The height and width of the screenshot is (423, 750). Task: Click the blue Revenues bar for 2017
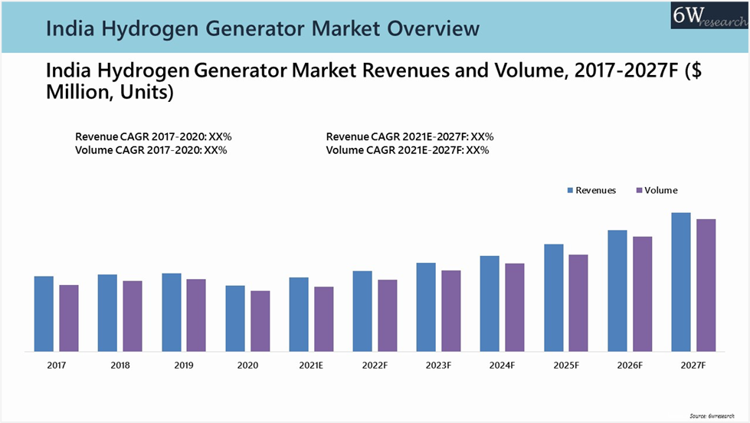[x=44, y=313]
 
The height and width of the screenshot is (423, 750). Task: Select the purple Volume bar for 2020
[x=260, y=321]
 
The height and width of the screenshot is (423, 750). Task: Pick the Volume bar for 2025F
[x=578, y=303]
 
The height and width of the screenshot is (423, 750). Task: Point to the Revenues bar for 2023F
[x=426, y=307]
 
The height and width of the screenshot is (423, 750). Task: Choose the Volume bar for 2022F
[x=388, y=316]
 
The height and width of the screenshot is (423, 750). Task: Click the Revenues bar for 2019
[x=171, y=312]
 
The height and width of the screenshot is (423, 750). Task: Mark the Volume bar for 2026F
[x=642, y=293]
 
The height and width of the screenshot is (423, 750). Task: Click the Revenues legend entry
[x=591, y=190]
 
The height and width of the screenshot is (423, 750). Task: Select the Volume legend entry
[x=656, y=190]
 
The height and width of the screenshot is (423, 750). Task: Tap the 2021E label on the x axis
[x=311, y=366]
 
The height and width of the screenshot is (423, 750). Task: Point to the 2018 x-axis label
[x=120, y=366]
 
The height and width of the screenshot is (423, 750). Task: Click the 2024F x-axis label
[x=502, y=366]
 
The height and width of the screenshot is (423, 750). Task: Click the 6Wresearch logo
[x=709, y=15]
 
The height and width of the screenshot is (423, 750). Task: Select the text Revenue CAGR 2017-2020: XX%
[x=153, y=136]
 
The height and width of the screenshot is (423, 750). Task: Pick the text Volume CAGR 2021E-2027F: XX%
[x=408, y=150]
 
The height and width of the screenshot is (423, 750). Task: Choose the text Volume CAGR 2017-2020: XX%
[x=151, y=150]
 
